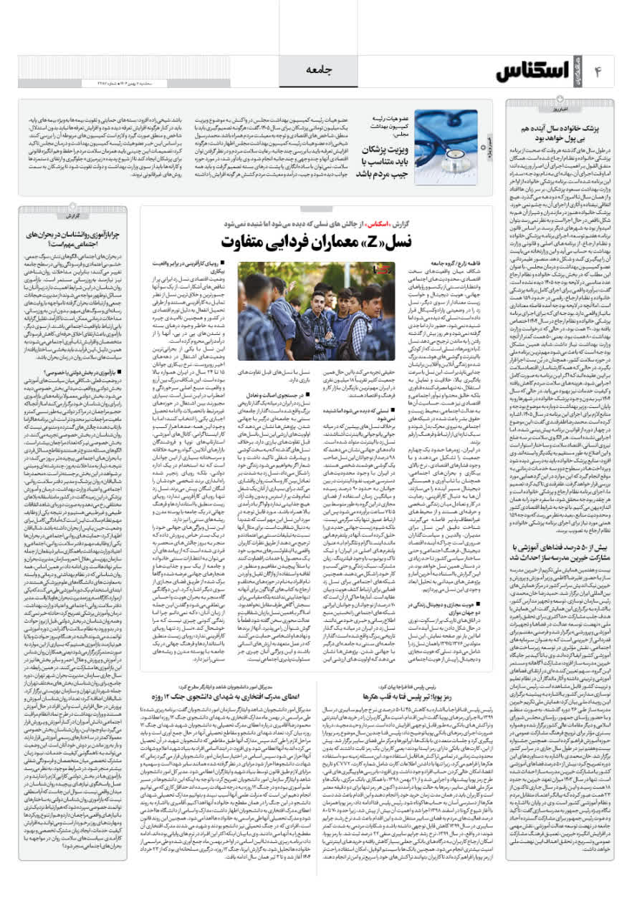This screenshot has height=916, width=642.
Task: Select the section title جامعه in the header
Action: (321, 71)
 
